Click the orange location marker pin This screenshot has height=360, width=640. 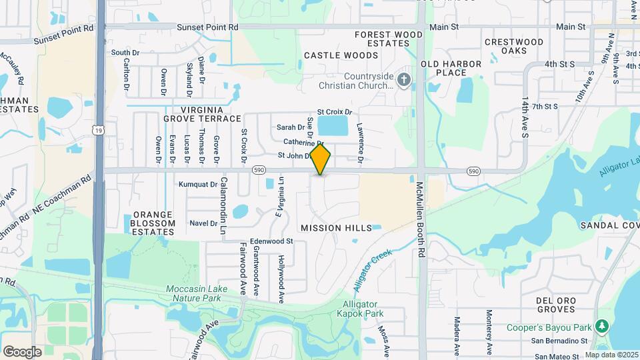[x=321, y=159]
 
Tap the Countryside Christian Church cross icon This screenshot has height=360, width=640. [x=403, y=80]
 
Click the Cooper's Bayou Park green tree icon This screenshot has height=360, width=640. [x=602, y=326]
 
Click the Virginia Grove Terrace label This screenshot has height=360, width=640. [x=201, y=113]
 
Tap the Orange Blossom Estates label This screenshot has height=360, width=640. [x=153, y=223]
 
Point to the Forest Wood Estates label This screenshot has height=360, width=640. [x=389, y=39]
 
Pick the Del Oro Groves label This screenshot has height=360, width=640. [x=556, y=305]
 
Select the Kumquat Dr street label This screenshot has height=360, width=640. [x=198, y=184]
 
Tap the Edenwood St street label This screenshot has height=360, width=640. [x=271, y=241]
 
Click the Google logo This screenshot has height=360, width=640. [x=22, y=351]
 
